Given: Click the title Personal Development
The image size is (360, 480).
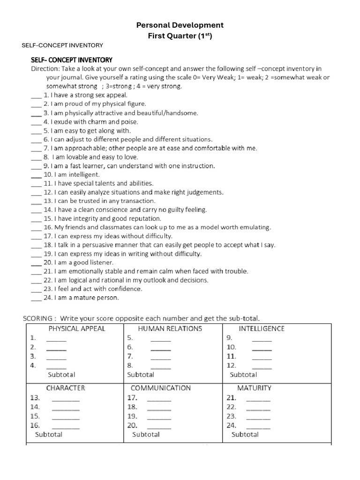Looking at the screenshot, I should point(180,25).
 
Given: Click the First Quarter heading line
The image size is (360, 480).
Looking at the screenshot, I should point(180,36).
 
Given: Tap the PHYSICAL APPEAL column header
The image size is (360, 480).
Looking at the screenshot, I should point(76,329).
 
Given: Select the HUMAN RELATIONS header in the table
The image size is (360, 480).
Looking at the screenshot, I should point(170,329).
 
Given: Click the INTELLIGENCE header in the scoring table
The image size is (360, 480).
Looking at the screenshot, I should point(262,329).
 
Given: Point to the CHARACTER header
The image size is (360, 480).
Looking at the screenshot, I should point(65,388).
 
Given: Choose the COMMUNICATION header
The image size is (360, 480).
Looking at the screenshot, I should point(161,388).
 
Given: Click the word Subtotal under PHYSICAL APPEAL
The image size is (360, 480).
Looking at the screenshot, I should point(61,375).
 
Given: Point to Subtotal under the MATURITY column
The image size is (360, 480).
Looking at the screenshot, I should point(245,435).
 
